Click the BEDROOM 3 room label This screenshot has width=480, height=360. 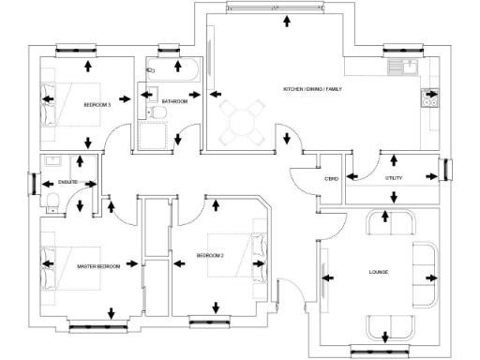pos(97,104)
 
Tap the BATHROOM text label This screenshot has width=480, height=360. pos(174,101)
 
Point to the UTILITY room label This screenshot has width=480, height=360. pos(394,177)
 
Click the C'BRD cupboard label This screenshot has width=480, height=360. pos(331,178)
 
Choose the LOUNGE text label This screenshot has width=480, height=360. pos(379,273)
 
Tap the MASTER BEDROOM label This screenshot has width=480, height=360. pos(98,266)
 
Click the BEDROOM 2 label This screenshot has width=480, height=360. pos(210,256)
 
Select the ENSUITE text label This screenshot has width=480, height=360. pos(67,182)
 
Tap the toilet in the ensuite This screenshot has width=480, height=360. pos(52,198)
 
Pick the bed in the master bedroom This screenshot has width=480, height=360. pos(53,267)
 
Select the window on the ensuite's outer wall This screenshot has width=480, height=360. pos(35,181)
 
